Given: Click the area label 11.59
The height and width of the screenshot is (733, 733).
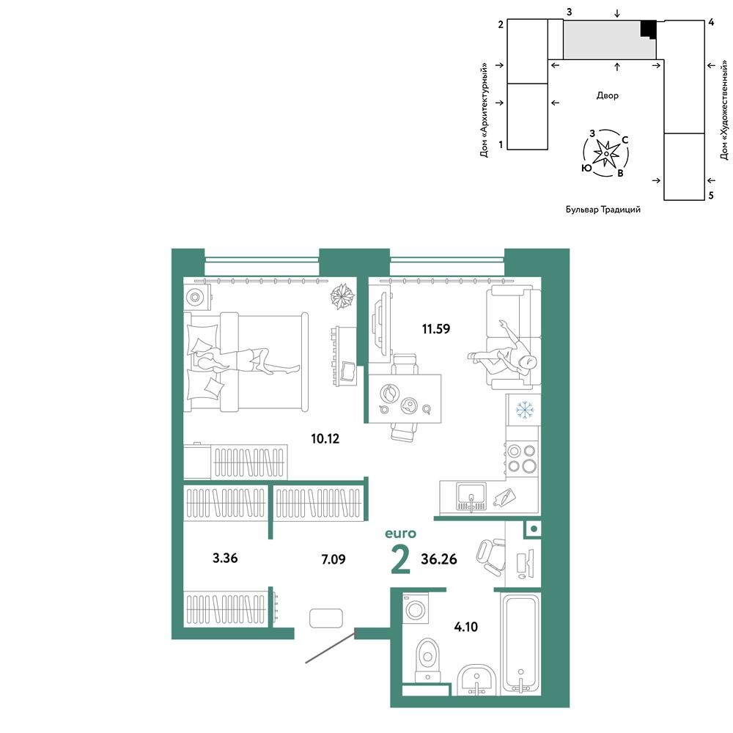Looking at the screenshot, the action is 435,328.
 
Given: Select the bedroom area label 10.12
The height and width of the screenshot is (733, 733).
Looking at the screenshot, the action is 325,438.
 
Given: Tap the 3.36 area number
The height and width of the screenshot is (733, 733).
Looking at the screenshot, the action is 225,558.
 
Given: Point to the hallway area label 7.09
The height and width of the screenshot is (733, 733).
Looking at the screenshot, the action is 334,559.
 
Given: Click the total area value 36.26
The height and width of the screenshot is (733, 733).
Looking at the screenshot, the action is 439,559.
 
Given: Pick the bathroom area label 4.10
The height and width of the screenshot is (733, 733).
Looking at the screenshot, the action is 466,627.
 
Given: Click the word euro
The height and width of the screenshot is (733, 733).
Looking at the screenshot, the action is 400,534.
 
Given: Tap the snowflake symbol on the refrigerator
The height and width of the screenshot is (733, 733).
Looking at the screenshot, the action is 525,410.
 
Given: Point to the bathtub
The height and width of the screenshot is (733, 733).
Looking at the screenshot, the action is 520,644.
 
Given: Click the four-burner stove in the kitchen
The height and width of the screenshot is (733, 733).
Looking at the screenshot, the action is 522,459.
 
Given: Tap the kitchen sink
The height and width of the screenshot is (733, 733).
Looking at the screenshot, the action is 471,496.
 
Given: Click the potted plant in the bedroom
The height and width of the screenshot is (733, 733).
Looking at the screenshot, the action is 342,296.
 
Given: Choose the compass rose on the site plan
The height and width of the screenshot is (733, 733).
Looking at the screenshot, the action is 606,153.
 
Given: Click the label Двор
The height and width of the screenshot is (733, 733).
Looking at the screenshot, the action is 607,95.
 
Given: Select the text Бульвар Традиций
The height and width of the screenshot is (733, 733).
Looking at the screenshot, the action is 603,210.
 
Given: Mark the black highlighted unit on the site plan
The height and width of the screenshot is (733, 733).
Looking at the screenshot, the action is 648,29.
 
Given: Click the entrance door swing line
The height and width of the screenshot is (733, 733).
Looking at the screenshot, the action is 331,647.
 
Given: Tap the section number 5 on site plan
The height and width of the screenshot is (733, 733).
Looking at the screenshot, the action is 711,196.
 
